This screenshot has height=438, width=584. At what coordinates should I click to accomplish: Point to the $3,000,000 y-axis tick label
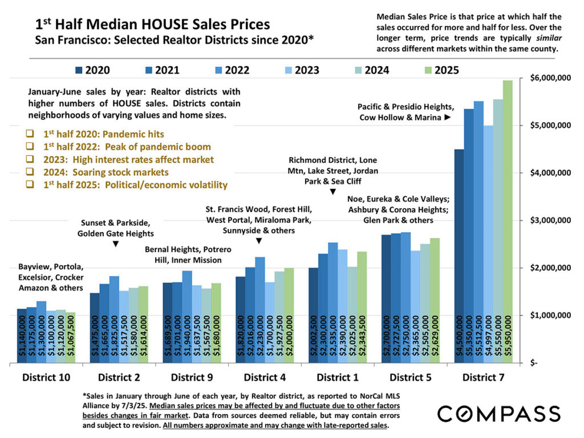pyautogui.click(x=549, y=220)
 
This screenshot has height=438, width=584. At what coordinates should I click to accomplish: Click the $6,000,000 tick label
pyautogui.click(x=549, y=78)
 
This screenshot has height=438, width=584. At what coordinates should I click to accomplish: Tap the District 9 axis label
pyautogui.click(x=193, y=377)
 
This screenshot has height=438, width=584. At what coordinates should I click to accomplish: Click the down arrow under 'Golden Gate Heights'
pyautogui.click(x=116, y=244)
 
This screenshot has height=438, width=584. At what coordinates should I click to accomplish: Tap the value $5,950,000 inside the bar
pyautogui.click(x=508, y=336)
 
